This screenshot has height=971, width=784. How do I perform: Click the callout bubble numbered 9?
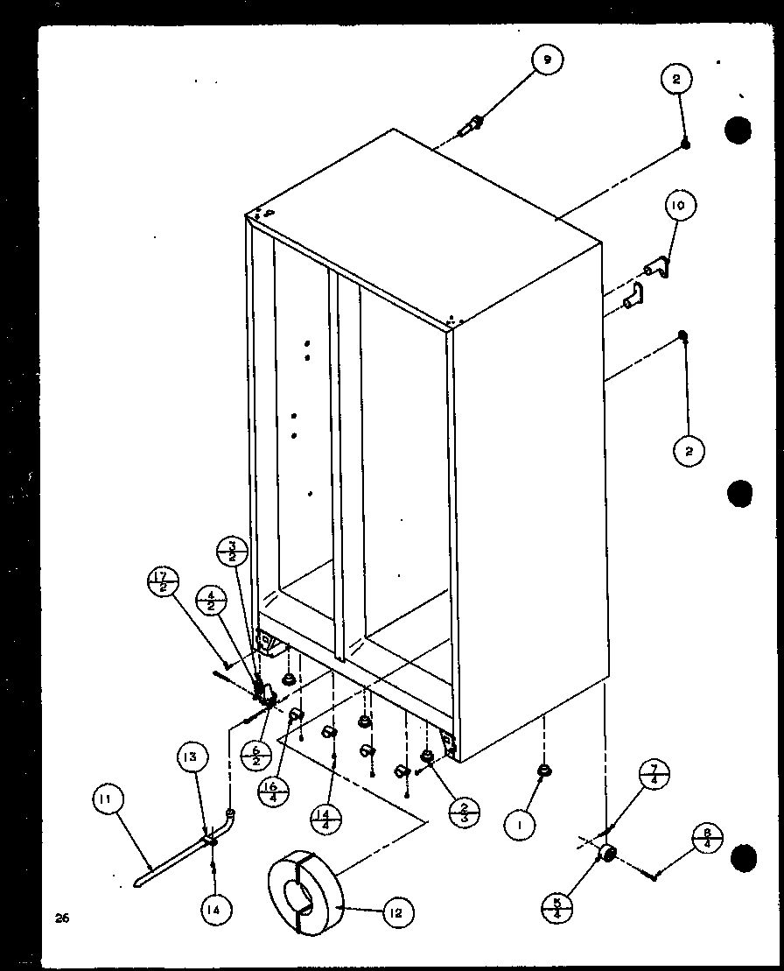tap(546, 60)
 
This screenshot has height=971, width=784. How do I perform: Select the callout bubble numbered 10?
tap(680, 207)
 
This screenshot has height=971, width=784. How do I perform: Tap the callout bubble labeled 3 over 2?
tap(232, 554)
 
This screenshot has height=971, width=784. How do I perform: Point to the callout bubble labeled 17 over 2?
tap(164, 582)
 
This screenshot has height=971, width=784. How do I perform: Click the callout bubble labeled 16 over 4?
tap(274, 793)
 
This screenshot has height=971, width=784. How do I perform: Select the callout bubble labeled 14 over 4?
tap(325, 820)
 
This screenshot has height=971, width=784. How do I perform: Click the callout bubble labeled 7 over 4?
tap(654, 777)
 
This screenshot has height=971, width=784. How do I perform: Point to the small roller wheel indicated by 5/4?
tap(606, 854)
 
